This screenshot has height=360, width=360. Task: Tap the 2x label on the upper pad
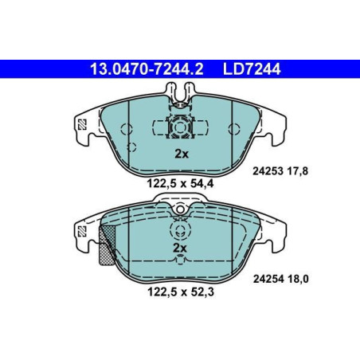point(180,153)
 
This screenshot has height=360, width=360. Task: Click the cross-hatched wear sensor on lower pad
point(106,246)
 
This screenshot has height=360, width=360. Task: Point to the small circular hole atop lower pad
point(180,209)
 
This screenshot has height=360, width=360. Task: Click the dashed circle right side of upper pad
point(233,129)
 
